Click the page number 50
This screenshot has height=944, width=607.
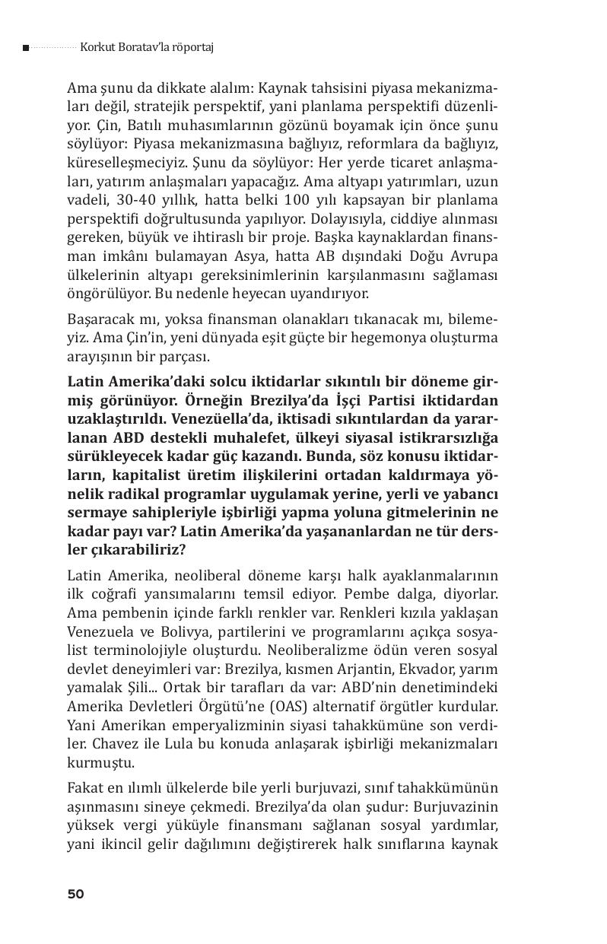pos(75,894)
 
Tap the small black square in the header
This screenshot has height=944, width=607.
pos(26,48)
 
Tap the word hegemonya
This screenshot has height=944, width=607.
pos(378,337)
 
